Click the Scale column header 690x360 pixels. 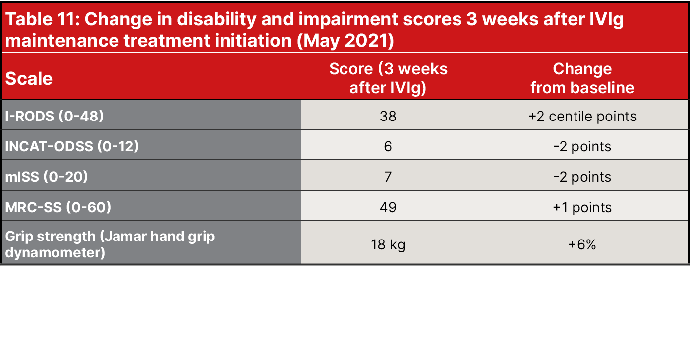pyautogui.click(x=29, y=79)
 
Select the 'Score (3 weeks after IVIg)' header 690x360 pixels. pyautogui.click(x=388, y=78)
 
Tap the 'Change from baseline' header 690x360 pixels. pyautogui.click(x=582, y=78)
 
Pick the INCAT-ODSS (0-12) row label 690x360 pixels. pyautogui.click(x=72, y=146)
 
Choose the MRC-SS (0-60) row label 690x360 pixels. pyautogui.click(x=58, y=207)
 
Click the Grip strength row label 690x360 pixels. pyautogui.click(x=110, y=244)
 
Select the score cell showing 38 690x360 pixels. pyautogui.click(x=388, y=116)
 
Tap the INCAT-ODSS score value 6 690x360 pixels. pyautogui.click(x=388, y=146)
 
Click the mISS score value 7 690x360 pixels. pyautogui.click(x=388, y=177)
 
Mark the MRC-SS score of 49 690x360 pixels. pyautogui.click(x=388, y=207)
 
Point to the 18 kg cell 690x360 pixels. pyautogui.click(x=388, y=245)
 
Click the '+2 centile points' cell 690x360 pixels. pyautogui.click(x=582, y=116)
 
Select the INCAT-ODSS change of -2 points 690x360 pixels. pyautogui.click(x=582, y=146)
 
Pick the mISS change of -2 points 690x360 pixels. pyautogui.click(x=582, y=177)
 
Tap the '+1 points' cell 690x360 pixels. pyautogui.click(x=582, y=207)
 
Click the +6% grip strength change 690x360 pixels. pyautogui.click(x=582, y=245)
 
